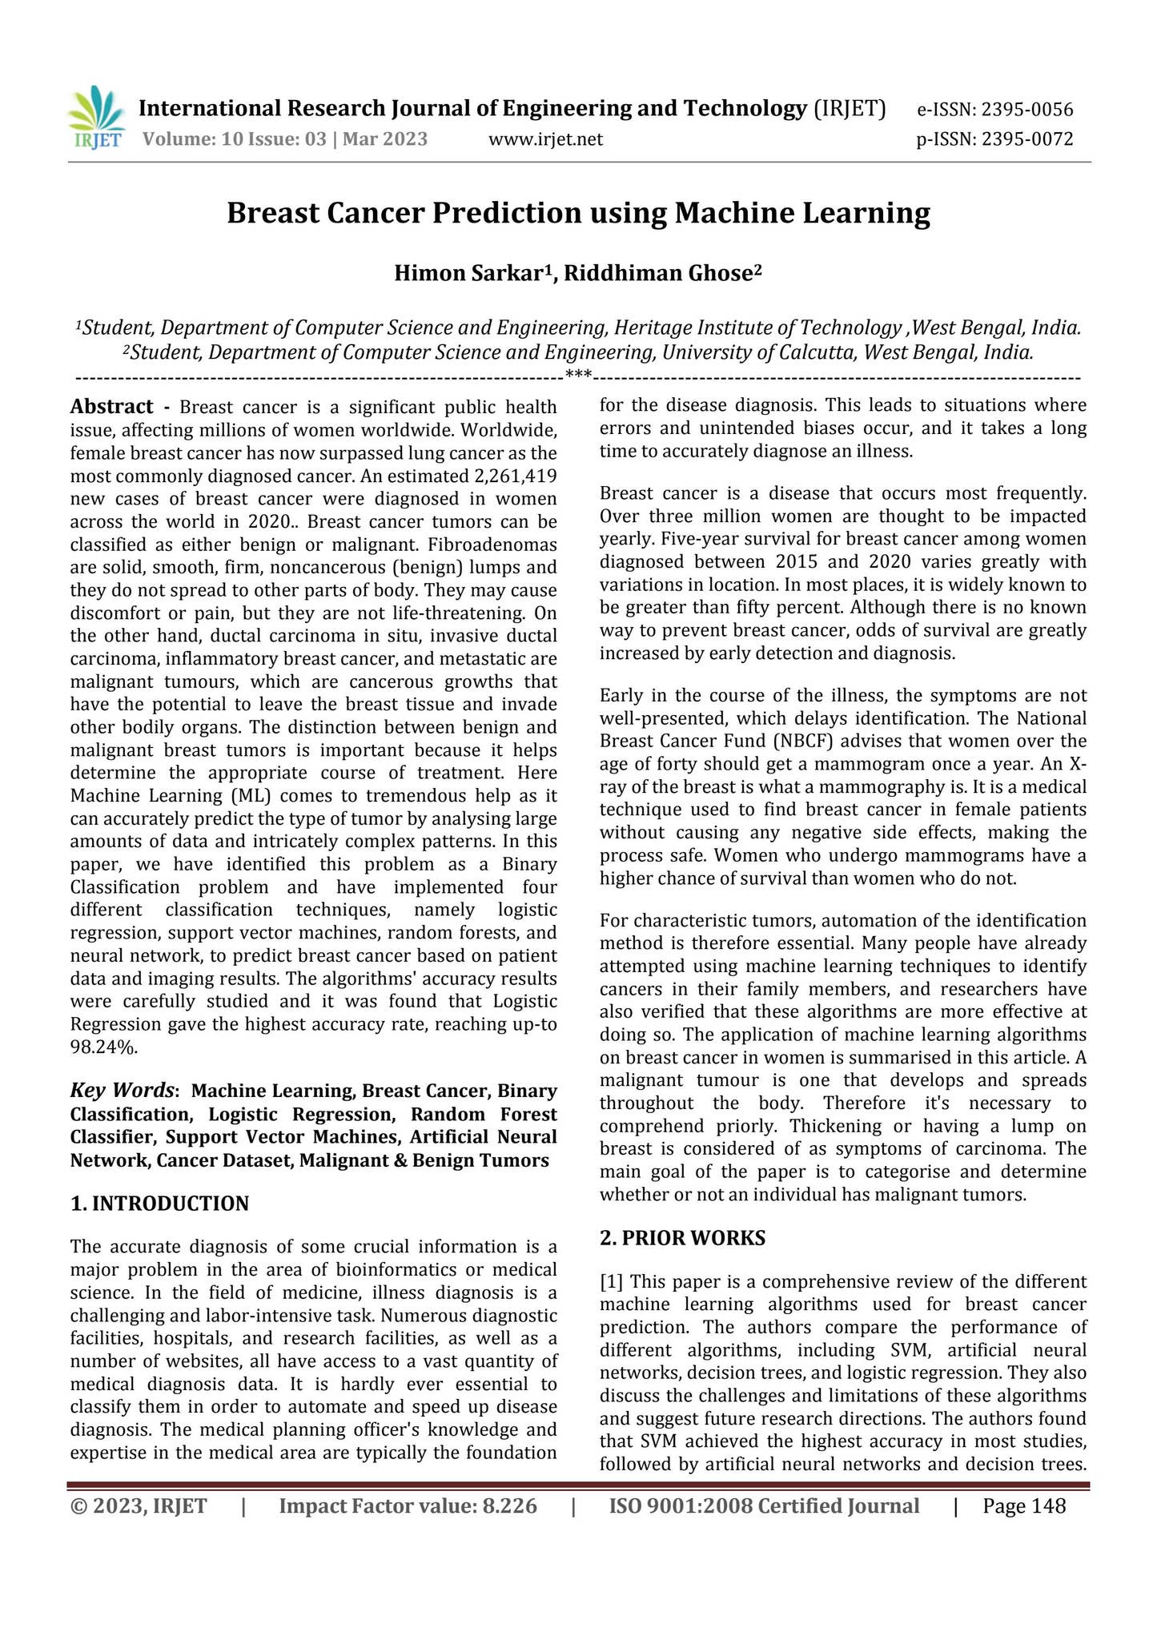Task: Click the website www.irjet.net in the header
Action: pyautogui.click(x=545, y=140)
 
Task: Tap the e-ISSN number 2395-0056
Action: pyautogui.click(x=1026, y=110)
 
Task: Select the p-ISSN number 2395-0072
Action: pyautogui.click(x=1026, y=140)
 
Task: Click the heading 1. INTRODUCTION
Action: pyautogui.click(x=159, y=1204)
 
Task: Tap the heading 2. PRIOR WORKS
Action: pyautogui.click(x=682, y=1238)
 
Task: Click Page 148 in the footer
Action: pyautogui.click(x=1024, y=1506)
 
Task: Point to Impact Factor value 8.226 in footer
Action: pyautogui.click(x=408, y=1506)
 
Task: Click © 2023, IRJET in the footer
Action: pyautogui.click(x=139, y=1506)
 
